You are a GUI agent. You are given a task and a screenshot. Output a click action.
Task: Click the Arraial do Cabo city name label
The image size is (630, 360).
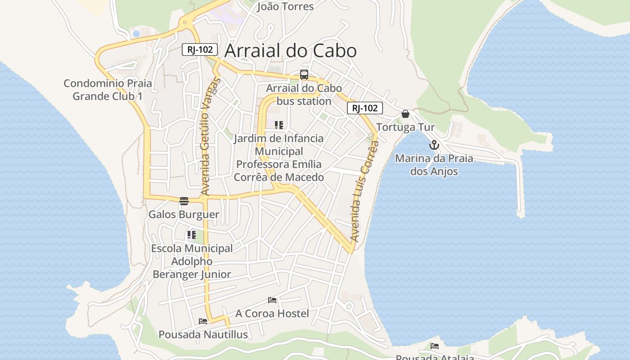[290, 50]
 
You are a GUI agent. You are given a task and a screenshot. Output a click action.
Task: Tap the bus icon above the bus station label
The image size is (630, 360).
[304, 75]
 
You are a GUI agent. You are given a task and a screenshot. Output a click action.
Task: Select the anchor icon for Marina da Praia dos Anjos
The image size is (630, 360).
[434, 145]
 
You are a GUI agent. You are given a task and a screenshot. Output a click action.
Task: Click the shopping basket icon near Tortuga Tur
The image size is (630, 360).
[405, 114]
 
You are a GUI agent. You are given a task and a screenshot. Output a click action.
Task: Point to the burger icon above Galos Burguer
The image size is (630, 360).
[184, 201]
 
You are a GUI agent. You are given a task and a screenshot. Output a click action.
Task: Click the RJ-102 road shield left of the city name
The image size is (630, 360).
[200, 49]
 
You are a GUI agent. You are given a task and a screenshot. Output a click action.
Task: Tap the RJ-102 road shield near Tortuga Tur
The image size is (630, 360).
[364, 108]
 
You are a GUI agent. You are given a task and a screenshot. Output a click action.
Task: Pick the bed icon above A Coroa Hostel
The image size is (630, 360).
[272, 300]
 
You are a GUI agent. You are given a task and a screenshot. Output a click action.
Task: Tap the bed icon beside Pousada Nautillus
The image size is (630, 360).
[203, 321]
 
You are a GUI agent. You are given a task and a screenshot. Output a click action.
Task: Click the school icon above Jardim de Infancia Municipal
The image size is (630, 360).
[279, 125]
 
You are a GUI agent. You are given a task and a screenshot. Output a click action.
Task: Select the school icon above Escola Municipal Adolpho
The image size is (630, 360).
[192, 235]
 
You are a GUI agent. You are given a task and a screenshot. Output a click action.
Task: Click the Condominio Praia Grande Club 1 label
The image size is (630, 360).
[108, 90]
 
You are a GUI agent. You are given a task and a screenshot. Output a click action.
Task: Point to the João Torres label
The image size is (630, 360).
[285, 6]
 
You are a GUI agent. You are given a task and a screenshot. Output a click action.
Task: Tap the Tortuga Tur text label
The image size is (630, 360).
[405, 127]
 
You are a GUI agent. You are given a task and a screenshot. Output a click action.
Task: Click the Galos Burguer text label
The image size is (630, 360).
[184, 215]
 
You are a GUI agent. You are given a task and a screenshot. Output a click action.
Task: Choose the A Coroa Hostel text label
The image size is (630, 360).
[272, 314]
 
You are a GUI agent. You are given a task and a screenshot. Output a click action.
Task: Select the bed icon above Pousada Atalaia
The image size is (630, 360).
[435, 346]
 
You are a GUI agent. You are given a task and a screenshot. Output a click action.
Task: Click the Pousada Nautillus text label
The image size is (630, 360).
[203, 335]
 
